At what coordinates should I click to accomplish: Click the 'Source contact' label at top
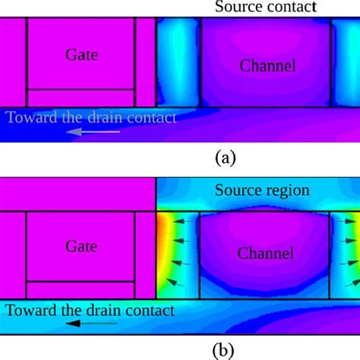point(266,7)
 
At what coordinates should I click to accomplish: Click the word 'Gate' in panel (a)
point(81,55)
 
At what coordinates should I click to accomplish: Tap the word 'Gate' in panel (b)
point(81,246)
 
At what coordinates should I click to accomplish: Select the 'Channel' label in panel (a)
point(267,66)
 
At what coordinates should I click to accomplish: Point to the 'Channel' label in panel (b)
point(266,253)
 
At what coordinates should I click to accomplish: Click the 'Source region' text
point(262,191)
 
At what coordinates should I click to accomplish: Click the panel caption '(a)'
point(226,158)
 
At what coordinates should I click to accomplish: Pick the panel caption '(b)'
point(223,350)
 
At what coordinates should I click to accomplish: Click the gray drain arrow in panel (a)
point(93,131)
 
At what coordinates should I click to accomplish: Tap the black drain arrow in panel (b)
point(91,324)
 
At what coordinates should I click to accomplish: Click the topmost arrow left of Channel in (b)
point(183,222)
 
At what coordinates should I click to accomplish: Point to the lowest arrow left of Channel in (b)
point(175,283)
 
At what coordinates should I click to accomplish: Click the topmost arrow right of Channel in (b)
point(348,221)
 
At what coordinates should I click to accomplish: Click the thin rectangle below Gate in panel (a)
point(81,98)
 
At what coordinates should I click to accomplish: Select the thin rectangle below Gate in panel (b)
point(81,290)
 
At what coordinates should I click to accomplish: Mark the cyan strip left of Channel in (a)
point(178,62)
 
